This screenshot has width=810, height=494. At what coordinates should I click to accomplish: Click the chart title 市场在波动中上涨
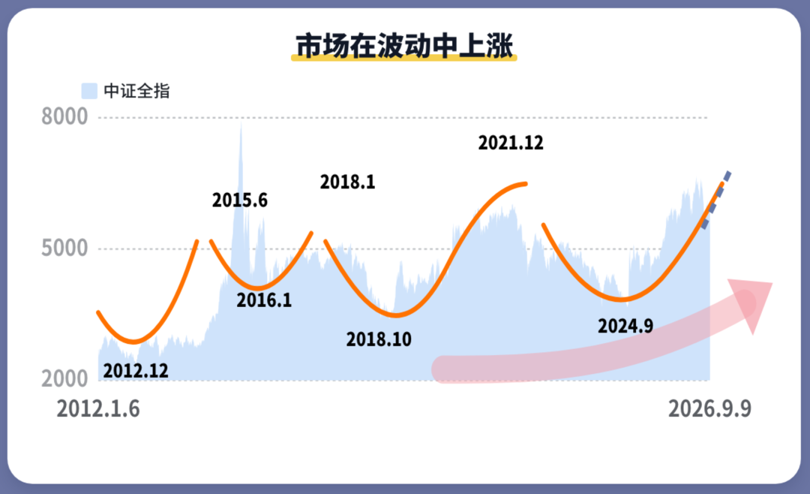point(404,46)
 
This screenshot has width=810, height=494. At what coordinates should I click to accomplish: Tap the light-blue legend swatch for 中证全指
point(89,91)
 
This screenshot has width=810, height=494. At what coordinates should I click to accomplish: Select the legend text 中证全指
point(136,91)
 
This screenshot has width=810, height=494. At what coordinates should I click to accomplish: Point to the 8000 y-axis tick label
point(64,117)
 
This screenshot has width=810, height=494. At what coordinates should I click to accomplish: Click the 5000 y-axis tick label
point(64,249)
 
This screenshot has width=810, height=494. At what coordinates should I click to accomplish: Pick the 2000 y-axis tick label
point(64,379)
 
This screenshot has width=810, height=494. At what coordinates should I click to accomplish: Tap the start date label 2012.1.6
point(98,409)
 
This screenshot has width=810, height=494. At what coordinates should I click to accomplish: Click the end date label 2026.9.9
point(709,409)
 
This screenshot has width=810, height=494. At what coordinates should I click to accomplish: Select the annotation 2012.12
point(136,371)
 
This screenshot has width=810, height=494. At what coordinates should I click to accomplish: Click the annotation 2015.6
point(240,200)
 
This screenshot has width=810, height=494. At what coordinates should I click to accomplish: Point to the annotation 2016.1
point(264,300)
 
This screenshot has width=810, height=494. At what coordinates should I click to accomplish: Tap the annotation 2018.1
point(348,182)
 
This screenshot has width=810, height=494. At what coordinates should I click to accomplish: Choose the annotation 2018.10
point(379,339)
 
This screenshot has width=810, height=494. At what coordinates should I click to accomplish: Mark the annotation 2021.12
point(511,143)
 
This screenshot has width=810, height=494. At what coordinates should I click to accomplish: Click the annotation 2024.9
point(625,326)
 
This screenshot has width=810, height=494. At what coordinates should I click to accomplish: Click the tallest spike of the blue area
point(241,124)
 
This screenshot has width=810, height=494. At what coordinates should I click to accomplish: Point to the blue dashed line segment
point(715,200)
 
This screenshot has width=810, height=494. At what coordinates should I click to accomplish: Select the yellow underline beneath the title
point(404,59)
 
